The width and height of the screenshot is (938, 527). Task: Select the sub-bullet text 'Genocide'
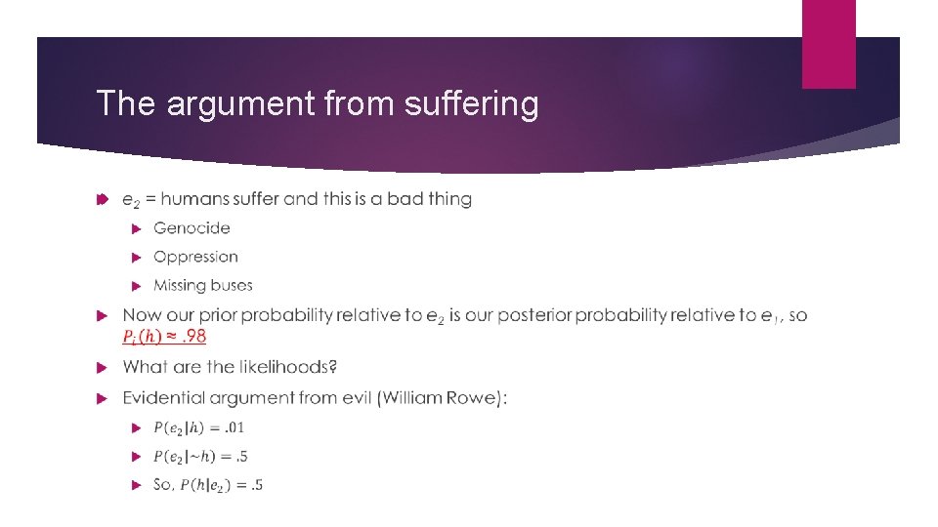tap(192, 228)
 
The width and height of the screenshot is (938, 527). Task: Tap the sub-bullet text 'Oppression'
tap(195, 257)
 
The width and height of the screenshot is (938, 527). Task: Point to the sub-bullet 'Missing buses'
tap(202, 285)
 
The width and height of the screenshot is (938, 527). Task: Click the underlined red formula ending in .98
tap(164, 336)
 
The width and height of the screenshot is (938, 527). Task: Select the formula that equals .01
tap(199, 427)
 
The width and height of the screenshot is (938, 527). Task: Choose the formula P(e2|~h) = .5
tap(200, 456)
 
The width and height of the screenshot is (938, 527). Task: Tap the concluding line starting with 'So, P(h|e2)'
tap(208, 484)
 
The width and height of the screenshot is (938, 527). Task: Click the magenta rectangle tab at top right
tap(829, 44)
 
